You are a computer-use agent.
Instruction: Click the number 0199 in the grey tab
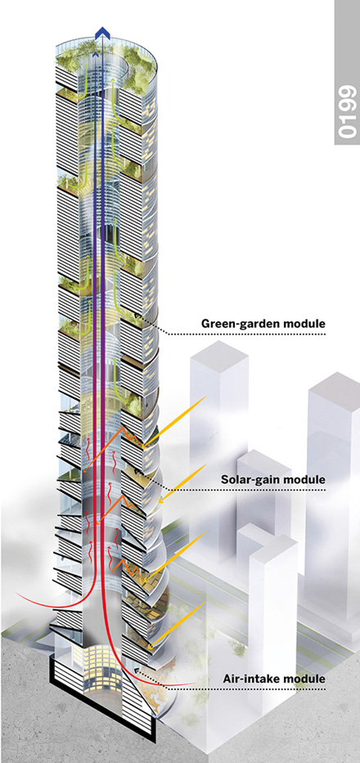coord(347,111)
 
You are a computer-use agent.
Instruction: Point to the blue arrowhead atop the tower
coord(103,32)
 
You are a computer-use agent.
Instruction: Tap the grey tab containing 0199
coord(347,73)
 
